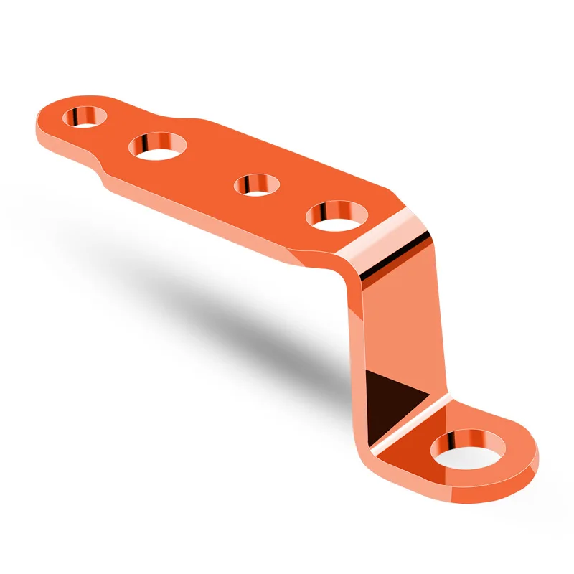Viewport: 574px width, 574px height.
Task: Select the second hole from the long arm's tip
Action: click(x=158, y=146)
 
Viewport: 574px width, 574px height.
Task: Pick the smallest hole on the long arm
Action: click(x=257, y=184)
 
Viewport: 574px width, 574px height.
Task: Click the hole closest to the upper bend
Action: click(x=336, y=215)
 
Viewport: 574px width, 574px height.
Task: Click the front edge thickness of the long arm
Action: click(x=215, y=219)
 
